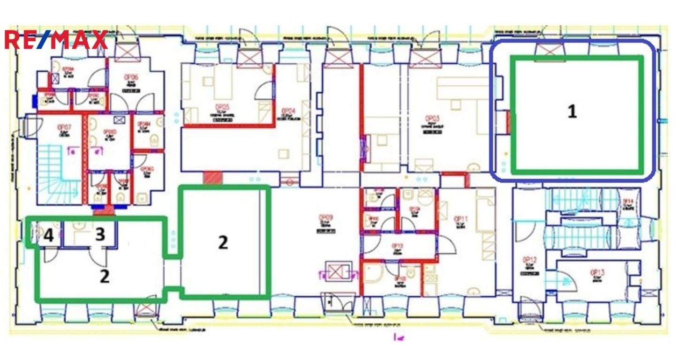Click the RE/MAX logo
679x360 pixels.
coord(56,40)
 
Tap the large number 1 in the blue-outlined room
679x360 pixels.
coord(572,112)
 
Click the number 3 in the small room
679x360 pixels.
coord(100,234)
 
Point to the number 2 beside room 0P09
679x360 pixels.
coord(223,242)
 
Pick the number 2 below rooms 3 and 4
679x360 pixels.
coord(104,276)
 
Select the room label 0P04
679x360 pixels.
coord(288,112)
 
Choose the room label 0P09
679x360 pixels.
coord(325,217)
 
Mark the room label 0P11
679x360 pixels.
coord(461,219)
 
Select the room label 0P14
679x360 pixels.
coord(627,202)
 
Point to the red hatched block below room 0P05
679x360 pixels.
coord(213,178)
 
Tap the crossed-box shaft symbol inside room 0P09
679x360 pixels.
coord(336,272)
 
